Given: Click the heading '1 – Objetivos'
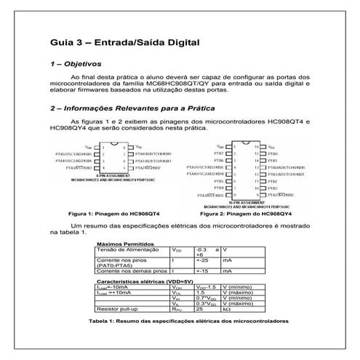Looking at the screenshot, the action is pos(75,65).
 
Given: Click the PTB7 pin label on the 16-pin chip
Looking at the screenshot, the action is pos(217,153).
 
